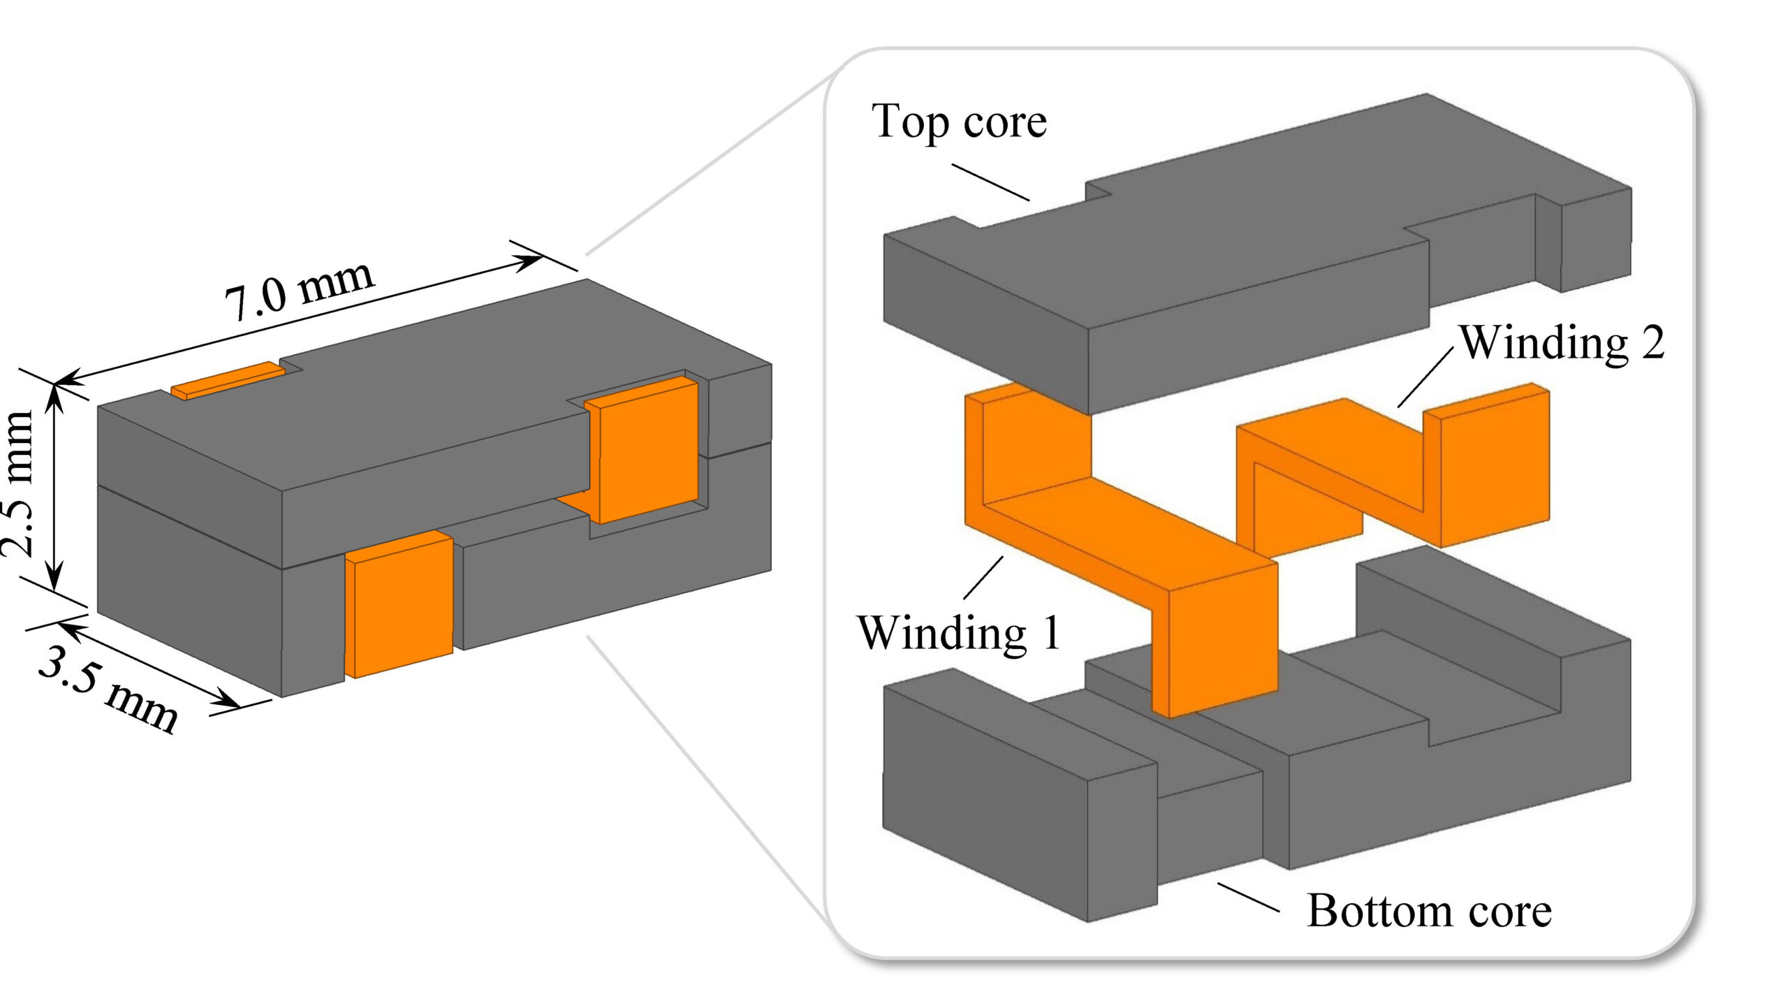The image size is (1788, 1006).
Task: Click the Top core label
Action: [x=959, y=122]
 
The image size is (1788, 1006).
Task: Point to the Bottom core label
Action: [x=1429, y=911]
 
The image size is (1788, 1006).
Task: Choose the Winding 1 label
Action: [x=959, y=633]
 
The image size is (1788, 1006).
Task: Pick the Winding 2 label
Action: [x=1562, y=343]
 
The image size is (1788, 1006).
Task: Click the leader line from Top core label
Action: [x=990, y=182]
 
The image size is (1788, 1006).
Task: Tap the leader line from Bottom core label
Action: [x=1248, y=898]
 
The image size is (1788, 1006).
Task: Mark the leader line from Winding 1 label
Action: [x=983, y=578]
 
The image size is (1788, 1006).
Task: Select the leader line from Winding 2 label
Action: [x=1425, y=377]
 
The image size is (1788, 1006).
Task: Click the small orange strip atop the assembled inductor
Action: [x=228, y=381]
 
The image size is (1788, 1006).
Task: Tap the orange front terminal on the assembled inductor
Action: [x=400, y=604]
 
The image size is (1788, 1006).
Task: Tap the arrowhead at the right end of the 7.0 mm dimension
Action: [x=532, y=260]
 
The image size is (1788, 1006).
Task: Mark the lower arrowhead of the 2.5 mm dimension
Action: [x=54, y=580]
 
